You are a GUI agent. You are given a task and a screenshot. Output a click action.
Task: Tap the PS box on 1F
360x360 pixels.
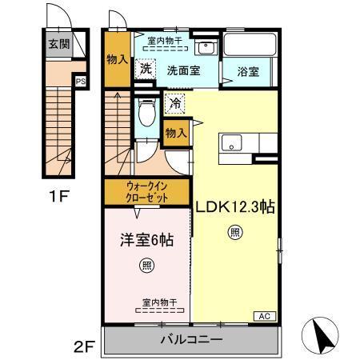pyautogui.click(x=80, y=80)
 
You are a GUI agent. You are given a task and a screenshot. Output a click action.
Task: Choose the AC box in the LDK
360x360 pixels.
pyautogui.click(x=263, y=317)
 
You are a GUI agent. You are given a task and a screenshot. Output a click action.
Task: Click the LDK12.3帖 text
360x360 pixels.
pyautogui.click(x=236, y=206)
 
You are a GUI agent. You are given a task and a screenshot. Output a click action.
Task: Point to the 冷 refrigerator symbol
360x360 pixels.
pyautogui.click(x=175, y=102)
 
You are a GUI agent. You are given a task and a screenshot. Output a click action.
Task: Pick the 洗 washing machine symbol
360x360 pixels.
pyautogui.click(x=145, y=69)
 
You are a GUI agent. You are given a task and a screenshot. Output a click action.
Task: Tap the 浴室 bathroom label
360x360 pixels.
pyautogui.click(x=247, y=70)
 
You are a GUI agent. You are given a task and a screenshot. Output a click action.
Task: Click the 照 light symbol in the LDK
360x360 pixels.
pyautogui.click(x=235, y=234)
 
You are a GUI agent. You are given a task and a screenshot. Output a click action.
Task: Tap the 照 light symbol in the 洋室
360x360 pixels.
pyautogui.click(x=147, y=266)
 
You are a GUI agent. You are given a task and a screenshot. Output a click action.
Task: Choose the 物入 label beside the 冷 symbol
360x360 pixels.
pyautogui.click(x=175, y=133)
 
